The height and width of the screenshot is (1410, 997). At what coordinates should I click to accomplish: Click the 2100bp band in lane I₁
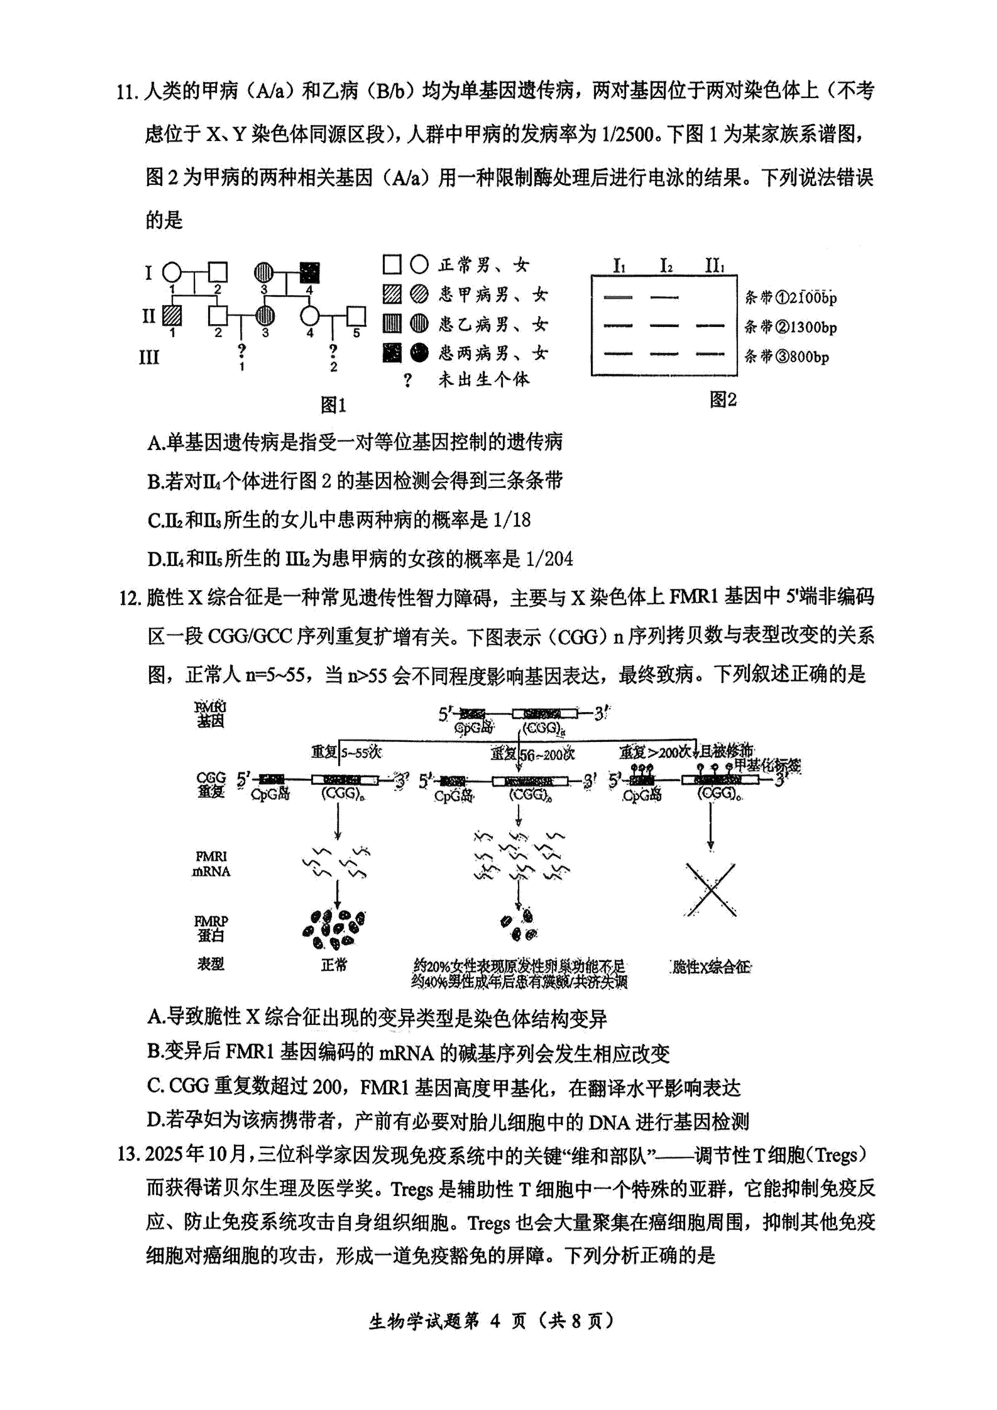[618, 297]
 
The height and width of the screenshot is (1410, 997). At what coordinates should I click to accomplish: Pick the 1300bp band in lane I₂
[664, 325]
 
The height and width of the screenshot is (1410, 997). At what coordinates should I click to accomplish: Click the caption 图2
[723, 400]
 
